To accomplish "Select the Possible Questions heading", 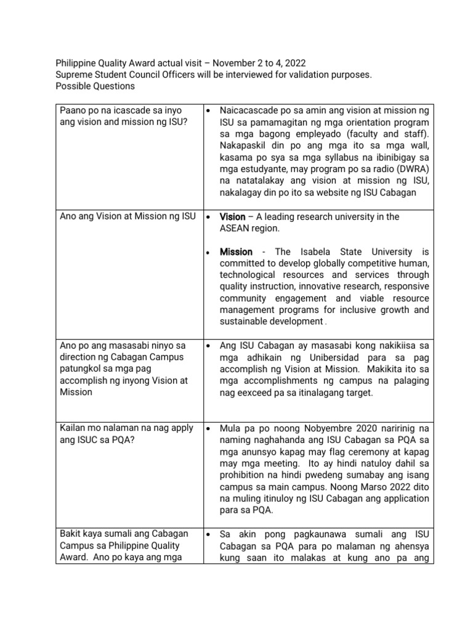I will (95, 86).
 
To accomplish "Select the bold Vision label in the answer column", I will (233, 217).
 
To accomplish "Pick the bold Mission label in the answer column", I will (236, 252).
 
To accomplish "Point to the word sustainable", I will (246, 322).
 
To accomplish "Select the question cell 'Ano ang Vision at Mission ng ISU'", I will (127, 216).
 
